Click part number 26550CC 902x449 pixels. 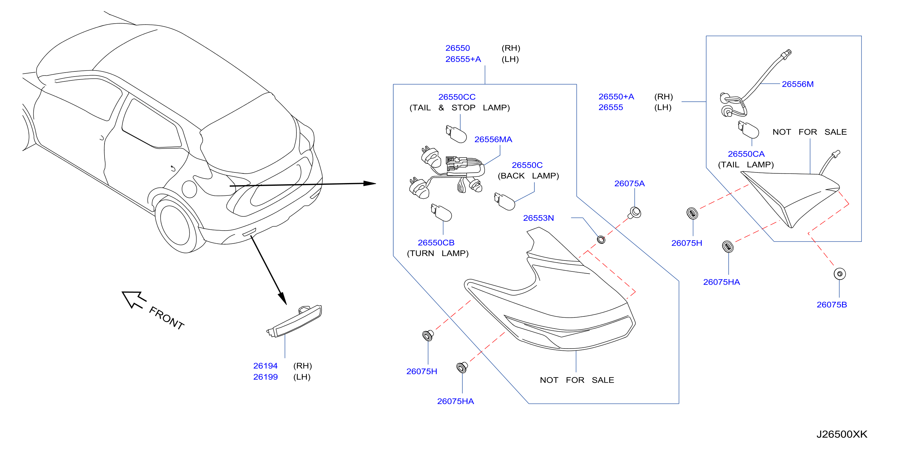457,97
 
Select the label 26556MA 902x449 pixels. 493,139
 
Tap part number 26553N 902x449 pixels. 538,218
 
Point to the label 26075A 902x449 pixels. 629,184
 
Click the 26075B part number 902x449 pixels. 832,305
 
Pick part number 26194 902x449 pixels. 265,366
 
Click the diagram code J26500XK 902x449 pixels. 842,434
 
